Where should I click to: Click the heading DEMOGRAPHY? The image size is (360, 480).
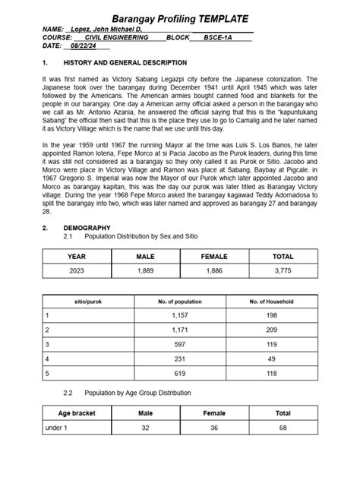[87, 228]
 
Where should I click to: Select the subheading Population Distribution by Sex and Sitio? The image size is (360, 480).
[141, 237]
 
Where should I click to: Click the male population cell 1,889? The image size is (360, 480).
[145, 272]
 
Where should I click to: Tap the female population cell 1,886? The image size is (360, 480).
[214, 272]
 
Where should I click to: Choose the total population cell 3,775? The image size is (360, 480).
[283, 272]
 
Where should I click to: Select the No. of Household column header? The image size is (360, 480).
[271, 302]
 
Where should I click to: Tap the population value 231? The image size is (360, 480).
[179, 358]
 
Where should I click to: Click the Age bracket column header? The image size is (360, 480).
[76, 414]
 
